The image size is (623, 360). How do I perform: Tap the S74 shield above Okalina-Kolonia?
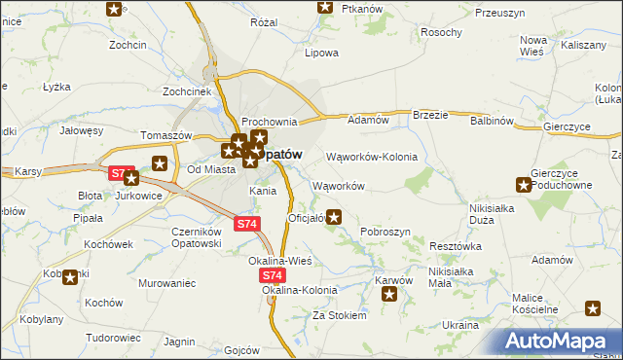point(273,276)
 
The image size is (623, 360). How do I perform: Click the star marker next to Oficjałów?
point(335,217)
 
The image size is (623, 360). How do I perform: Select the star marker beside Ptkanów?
point(325,8)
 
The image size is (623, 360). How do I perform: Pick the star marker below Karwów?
point(390,295)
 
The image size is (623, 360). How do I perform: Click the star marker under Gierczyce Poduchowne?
point(526,185)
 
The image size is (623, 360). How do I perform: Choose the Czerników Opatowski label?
point(199,238)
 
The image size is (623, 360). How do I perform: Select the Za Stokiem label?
point(339,315)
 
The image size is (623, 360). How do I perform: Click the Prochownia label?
point(269,121)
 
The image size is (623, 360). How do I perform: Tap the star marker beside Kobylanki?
point(70,278)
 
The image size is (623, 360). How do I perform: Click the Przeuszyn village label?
point(500,13)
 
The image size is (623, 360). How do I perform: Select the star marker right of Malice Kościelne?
point(594,309)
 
